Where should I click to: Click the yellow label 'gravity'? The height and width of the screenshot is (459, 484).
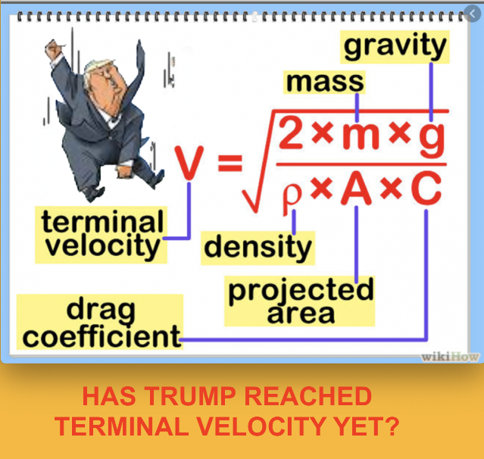[x=395, y=47]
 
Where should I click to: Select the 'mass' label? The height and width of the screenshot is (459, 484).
[x=324, y=82]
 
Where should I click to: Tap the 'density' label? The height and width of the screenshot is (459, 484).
[x=258, y=248]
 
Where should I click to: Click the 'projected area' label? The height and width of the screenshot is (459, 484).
[x=300, y=301]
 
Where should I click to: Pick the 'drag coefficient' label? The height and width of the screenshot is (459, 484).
[x=100, y=322]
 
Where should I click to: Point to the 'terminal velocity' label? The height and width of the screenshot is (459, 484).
[x=101, y=235]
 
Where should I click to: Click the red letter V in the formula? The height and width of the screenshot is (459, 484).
[x=189, y=163]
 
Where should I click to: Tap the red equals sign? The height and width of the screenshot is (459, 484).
[x=230, y=163]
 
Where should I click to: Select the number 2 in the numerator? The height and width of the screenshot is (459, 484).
[x=291, y=133]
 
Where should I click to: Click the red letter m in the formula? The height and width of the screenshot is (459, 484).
[x=361, y=136]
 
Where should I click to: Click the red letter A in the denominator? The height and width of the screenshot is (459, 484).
[x=356, y=188]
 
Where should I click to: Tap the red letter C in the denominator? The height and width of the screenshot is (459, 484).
[x=426, y=188]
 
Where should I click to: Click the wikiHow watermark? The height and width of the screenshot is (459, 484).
[x=450, y=357]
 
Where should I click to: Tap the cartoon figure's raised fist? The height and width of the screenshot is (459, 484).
[x=53, y=48]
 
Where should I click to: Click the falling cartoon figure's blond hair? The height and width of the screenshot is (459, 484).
[x=95, y=67]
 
